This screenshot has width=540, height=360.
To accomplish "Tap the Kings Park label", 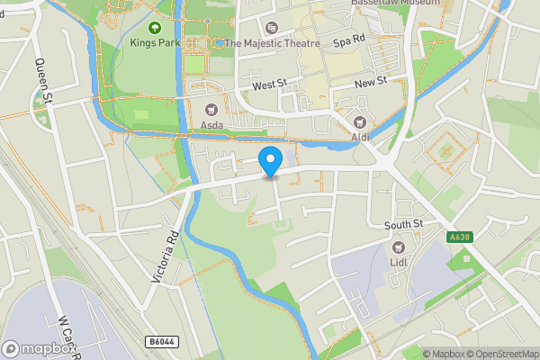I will coord(156,42).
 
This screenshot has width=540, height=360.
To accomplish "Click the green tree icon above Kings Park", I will coord(156,27).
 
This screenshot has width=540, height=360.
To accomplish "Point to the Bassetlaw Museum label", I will coord(395,4).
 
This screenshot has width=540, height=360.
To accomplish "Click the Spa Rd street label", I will coord(348,42).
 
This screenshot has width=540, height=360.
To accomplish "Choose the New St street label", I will coord(370,81).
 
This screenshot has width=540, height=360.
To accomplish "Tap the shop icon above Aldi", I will coord(362,121).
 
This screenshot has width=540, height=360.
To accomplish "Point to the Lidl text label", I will coord(399,261).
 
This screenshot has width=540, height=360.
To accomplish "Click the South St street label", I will coord(402,224).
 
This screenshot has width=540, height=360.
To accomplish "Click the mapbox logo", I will coord(39,348).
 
